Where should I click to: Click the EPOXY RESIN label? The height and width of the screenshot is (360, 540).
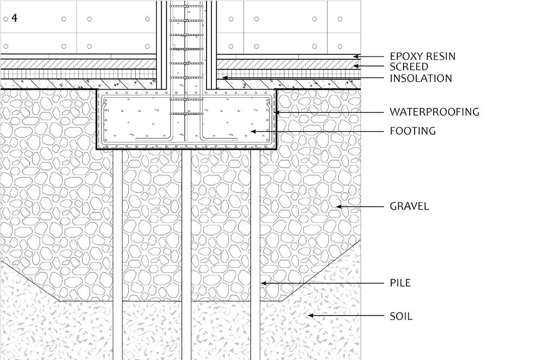tap(422, 56)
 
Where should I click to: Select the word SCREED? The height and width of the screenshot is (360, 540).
tap(409, 67)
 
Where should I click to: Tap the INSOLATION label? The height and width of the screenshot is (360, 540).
tap(420, 78)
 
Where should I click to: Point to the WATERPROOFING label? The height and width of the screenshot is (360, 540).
tap(434, 112)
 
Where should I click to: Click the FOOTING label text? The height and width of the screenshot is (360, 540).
tap(412, 131)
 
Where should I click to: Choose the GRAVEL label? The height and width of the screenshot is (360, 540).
tap(409, 206)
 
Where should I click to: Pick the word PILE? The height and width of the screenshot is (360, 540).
tap(400, 283)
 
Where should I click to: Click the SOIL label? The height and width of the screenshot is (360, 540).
tap(401, 316)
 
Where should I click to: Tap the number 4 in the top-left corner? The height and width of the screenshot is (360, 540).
tap(14, 18)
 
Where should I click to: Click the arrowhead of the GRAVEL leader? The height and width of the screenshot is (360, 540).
tap(337, 206)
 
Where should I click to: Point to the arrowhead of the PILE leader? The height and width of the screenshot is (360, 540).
tap(262, 283)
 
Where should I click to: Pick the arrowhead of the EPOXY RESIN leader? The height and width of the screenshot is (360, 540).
tap(356, 56)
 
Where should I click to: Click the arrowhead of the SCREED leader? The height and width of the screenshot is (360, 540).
tap(356, 66)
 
